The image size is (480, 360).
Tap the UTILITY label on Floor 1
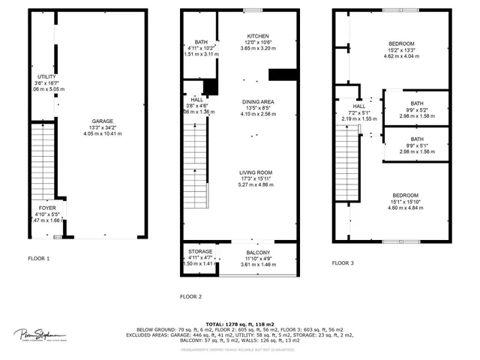46,76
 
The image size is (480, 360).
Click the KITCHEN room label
257,36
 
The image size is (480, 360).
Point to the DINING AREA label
257,101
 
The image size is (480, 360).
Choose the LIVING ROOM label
256,172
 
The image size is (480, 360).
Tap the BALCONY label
257,252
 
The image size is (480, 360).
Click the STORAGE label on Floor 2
199,252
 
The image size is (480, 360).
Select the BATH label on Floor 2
201,42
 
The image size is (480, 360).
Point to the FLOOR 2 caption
191,296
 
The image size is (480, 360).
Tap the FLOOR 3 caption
343,263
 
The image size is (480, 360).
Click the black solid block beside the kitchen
282,75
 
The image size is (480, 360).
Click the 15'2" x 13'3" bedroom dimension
401,50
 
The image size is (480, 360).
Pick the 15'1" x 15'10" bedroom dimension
400,202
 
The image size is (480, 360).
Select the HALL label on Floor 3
358,106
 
